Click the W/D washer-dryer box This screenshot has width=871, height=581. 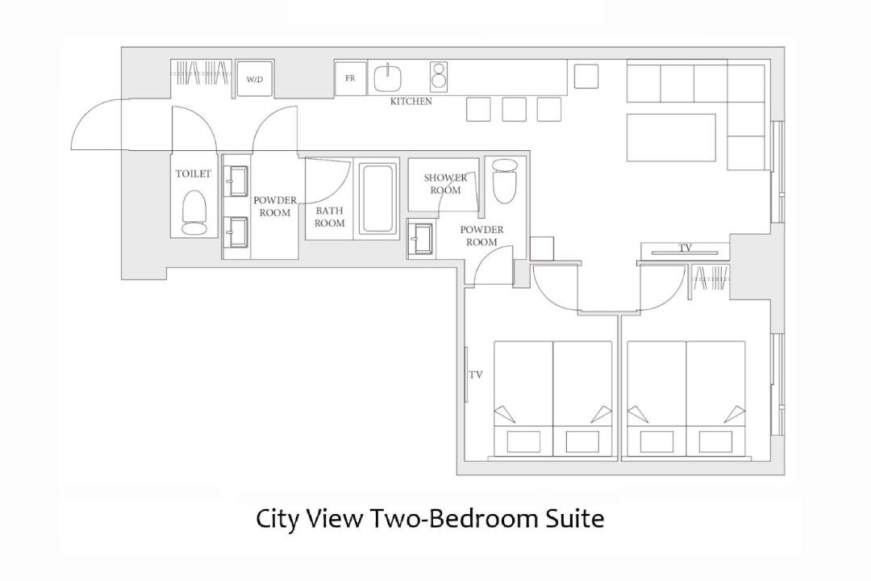tap(254, 79)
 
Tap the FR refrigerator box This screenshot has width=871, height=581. tap(350, 78)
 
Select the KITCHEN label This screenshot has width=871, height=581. tap(411, 102)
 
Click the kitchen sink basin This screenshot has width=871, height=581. tap(388, 77)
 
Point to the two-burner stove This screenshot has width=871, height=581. tap(439, 77)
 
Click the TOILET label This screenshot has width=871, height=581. tap(194, 174)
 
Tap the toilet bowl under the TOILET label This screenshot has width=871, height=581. tap(194, 213)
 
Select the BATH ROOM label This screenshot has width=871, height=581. tap(329, 217)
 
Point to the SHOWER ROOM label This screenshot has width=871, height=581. tap(445, 184)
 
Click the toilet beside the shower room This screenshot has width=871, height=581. tap(505, 182)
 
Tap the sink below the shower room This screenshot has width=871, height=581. tap(421, 239)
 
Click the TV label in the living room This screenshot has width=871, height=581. tap(686, 248)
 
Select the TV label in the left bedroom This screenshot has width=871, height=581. tap(476, 374)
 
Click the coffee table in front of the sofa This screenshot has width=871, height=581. tap(671, 137)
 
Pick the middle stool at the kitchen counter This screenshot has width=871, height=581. tap(514, 109)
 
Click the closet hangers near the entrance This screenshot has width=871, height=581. tap(202, 73)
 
